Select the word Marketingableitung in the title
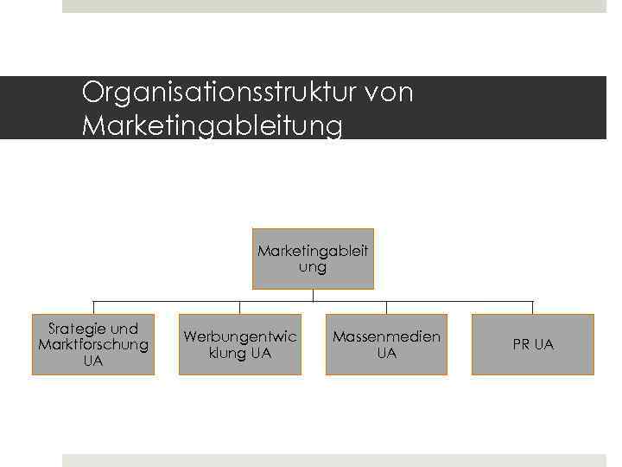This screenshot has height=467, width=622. (212, 126)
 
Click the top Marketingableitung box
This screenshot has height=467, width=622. (313, 259)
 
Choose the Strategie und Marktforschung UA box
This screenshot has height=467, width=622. (93, 344)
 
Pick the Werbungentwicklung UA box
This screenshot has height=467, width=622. (240, 344)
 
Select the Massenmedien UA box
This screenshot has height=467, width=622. (386, 344)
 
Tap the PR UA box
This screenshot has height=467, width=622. (533, 344)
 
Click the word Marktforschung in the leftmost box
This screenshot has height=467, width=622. (93, 344)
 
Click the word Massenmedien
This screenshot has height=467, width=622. (386, 336)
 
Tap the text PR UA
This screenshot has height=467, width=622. (533, 344)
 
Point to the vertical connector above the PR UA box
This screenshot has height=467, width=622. (533, 307)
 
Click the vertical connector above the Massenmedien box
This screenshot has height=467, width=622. (386, 307)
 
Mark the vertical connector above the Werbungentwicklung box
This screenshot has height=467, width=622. (240, 307)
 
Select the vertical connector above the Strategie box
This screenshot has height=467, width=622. (93, 307)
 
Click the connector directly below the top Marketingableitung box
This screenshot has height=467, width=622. (313, 295)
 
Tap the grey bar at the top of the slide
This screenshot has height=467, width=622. (334, 6)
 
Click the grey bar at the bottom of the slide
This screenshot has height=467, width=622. (334, 460)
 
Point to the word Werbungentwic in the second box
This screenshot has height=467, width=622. (240, 336)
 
